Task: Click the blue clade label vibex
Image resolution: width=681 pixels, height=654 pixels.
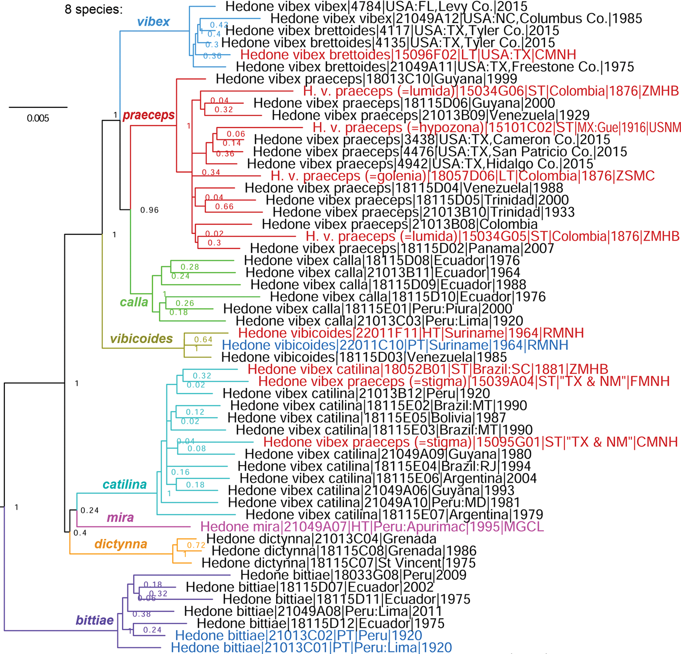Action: pos(153,22)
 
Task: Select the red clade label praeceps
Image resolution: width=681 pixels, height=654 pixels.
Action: pos(149,115)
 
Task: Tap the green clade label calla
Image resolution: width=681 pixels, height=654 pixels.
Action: pos(134,302)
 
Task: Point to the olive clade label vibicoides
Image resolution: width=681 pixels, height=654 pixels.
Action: pos(141,339)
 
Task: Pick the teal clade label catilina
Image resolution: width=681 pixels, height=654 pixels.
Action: pos(124,484)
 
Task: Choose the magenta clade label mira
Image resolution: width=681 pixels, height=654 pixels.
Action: pos(120,517)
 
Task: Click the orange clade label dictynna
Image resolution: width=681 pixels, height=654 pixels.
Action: pos(120,544)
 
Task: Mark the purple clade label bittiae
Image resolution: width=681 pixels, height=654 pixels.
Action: pos(95,620)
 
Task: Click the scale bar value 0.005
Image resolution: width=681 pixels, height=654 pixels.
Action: pos(38,119)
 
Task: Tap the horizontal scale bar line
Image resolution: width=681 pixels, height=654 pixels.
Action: pos(38,107)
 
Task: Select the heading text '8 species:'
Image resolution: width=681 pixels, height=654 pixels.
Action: pos(94,9)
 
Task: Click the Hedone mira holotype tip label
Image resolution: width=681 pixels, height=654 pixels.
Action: pos(372,527)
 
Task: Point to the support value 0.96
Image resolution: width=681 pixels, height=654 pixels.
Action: pos(149,210)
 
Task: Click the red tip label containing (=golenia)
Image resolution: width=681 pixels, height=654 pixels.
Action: pos(462,176)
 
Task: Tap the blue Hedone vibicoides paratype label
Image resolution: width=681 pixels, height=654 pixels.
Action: pos(395,346)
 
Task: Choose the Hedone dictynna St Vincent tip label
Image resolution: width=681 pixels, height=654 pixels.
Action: pos(339,563)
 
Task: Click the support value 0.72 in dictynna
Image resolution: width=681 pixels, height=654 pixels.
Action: pos(196,545)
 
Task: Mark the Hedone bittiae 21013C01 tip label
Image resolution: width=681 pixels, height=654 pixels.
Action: pos(311,648)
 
